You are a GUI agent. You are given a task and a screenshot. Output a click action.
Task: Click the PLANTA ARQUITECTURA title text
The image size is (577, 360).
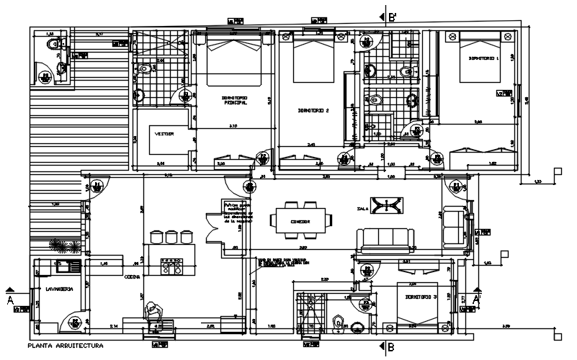coord(65,346)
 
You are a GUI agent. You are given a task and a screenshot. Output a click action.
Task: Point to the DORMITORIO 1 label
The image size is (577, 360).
coord(483,58)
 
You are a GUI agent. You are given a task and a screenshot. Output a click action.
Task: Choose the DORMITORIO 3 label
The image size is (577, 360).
coord(421,297)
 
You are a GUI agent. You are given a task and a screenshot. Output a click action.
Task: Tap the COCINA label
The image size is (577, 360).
coord(132,276)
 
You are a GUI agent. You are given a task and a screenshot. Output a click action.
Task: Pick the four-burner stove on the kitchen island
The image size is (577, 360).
coord(174,267)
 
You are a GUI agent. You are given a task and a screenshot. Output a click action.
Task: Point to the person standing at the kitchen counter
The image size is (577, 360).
coord(153,311)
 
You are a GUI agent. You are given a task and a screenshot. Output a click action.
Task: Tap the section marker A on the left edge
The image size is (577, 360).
coord(9,300)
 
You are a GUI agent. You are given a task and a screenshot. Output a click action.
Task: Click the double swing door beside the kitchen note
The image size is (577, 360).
coord(212,228)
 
